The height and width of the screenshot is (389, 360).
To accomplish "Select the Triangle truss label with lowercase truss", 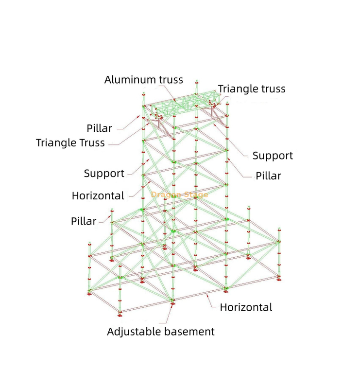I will point(252,89).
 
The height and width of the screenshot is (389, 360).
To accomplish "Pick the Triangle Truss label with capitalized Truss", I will point(70,143).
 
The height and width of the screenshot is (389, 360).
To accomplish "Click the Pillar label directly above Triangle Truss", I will point(100,128).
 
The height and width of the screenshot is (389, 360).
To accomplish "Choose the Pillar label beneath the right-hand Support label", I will point(269,176).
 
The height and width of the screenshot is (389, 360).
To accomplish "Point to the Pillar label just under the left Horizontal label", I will point(84,221).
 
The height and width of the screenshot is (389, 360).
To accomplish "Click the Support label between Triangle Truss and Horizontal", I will point(104,174).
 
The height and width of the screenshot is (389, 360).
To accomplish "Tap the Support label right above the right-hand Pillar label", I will point(273,156).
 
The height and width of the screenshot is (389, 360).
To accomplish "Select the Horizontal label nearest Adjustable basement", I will point(246,307).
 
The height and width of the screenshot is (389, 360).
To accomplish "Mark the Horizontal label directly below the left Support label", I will point(98,196).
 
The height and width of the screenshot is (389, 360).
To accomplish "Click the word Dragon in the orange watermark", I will point(165,194).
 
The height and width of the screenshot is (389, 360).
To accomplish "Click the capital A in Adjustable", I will point(111,332).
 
